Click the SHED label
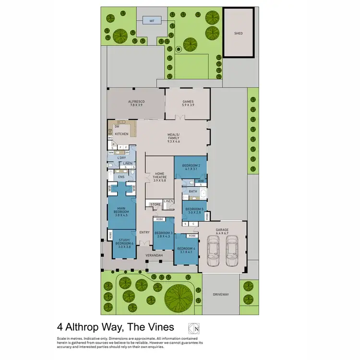(x=238, y=34)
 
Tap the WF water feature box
(x=152, y=21)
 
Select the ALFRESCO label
(x=136, y=102)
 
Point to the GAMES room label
(x=188, y=102)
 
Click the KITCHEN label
(x=121, y=134)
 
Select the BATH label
(x=193, y=191)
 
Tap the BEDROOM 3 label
(x=163, y=235)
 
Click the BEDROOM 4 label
(x=186, y=250)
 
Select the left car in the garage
(x=214, y=250)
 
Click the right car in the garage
(x=232, y=250)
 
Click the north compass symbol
(x=193, y=328)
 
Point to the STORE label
(x=156, y=204)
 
